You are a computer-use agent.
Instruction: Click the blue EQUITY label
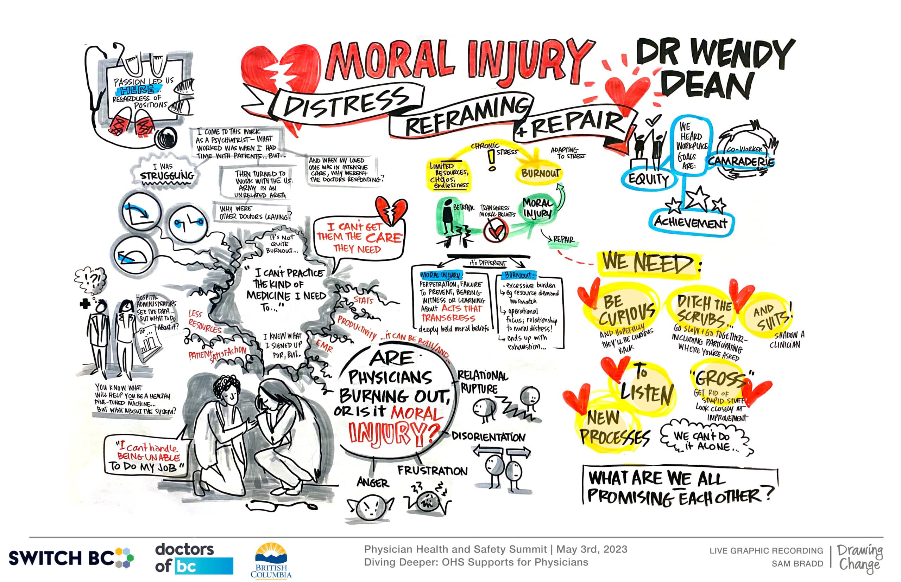[x=648, y=179]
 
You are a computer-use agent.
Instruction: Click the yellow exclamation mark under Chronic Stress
[x=491, y=160]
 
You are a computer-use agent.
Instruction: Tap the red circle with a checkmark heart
[x=495, y=230]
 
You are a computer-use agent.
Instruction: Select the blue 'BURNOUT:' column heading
[x=519, y=275]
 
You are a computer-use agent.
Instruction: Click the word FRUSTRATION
[x=432, y=471]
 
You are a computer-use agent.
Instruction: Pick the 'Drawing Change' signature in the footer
[x=860, y=558]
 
